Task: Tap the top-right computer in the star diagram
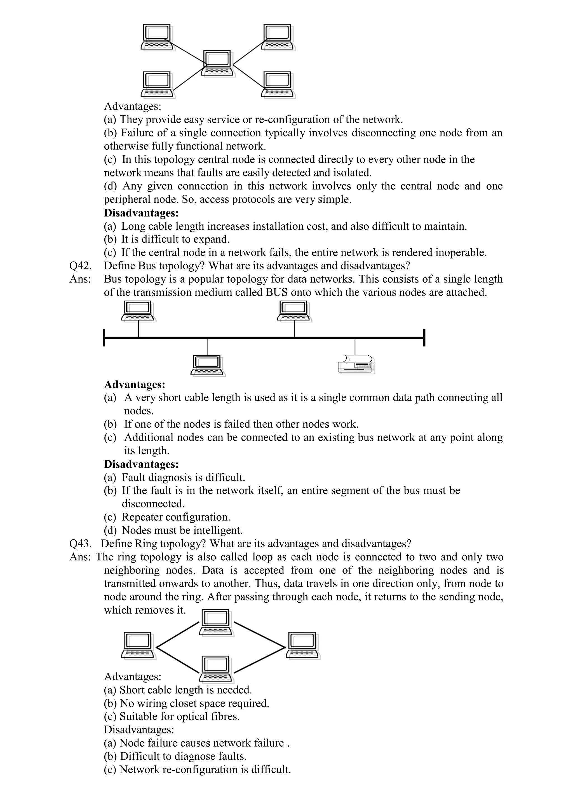coord(278,37)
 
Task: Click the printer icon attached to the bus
coord(356,364)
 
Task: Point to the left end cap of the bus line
coord(104,338)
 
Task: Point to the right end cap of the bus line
coord(424,338)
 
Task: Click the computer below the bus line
coord(208,365)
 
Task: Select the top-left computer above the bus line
coord(138,311)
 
